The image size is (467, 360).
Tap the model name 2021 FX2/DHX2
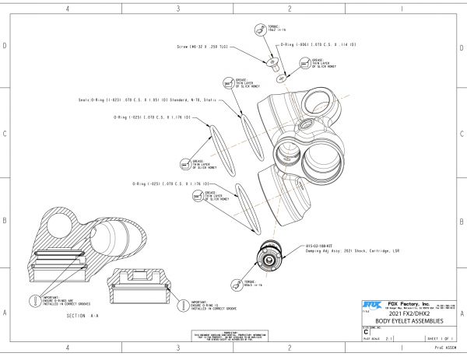(409, 313)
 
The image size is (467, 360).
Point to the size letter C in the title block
(367, 332)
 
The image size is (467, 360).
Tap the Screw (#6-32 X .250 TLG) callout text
(202, 47)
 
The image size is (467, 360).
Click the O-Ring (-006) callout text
(318, 45)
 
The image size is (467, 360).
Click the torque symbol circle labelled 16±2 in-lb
(260, 29)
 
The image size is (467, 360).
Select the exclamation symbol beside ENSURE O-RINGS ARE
(33, 299)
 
